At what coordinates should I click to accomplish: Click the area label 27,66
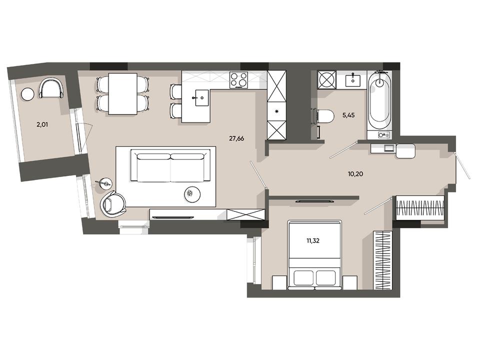coord(236,138)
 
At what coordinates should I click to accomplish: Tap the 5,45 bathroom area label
coord(348,115)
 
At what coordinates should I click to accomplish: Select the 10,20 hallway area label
coord(355,174)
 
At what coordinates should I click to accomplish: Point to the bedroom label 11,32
coord(313,241)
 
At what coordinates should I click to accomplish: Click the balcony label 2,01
coord(42,124)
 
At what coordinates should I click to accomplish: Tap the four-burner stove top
coord(239,79)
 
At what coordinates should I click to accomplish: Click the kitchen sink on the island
coord(201,97)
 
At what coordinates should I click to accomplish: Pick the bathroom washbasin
coord(353,80)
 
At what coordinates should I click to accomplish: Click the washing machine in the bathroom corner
coord(326,79)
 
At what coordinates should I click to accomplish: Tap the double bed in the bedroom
coord(315,255)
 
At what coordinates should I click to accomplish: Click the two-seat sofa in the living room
coord(170,165)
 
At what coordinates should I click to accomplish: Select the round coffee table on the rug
coord(192,194)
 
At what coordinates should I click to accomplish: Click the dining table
coord(123,93)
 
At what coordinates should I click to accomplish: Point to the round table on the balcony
coord(28,93)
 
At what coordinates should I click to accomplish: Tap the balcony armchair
coord(51,88)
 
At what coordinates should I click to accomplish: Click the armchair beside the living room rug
coord(113,202)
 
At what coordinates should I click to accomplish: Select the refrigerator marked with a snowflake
coord(276,111)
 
